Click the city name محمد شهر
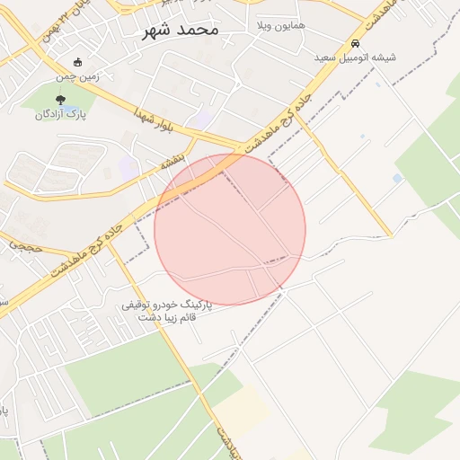pyautogui.click(x=180, y=30)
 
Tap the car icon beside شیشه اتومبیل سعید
pyautogui.click(x=356, y=43)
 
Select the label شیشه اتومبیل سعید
pyautogui.click(x=355, y=57)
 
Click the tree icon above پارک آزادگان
pyautogui.click(x=60, y=101)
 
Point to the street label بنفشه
pyautogui.click(x=172, y=161)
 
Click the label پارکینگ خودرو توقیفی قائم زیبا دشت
pyautogui.click(x=167, y=311)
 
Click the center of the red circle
pyautogui.click(x=230, y=230)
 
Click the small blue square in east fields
pyautogui.click(x=397, y=179)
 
